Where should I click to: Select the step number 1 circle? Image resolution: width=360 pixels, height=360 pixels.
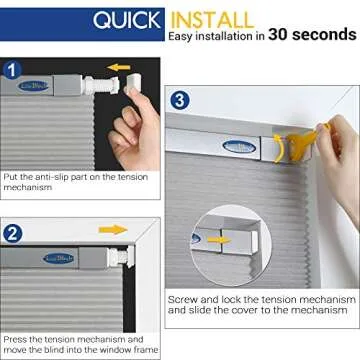(11, 71)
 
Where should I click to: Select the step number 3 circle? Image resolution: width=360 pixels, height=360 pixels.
(178, 100)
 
